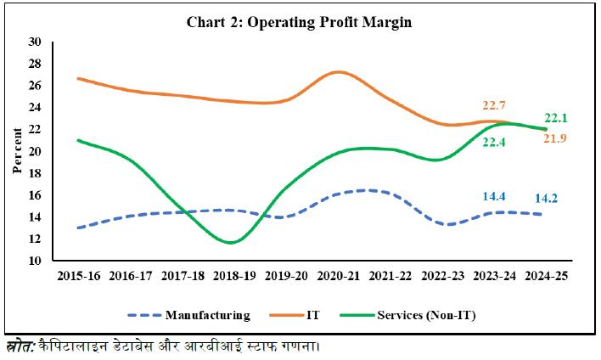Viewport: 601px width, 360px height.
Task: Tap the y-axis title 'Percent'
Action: point(17,151)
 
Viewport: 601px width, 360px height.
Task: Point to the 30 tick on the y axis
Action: point(35,42)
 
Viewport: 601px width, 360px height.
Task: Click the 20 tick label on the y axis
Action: point(35,151)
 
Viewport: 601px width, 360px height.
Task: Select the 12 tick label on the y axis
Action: point(35,239)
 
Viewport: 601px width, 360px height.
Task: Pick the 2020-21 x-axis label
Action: point(337,276)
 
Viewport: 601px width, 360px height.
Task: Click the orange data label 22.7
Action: point(495,105)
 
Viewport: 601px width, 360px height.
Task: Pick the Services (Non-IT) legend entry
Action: point(428,315)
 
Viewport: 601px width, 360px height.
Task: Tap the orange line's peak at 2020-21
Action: point(338,71)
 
